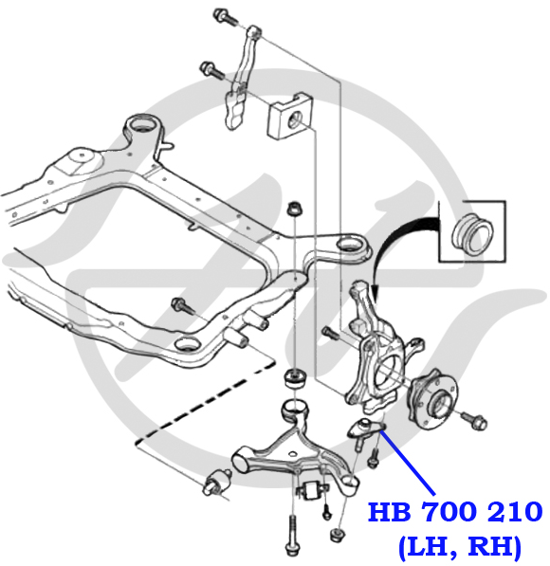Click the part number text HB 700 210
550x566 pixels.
point(455,512)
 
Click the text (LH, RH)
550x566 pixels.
point(461,546)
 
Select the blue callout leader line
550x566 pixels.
point(408,463)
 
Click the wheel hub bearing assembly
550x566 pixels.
point(432,398)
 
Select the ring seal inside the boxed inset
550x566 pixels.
point(472,234)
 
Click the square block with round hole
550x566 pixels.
point(291,117)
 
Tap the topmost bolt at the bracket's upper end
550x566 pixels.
point(225,17)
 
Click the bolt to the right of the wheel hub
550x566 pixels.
point(474,421)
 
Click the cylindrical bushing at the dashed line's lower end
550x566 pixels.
point(216,483)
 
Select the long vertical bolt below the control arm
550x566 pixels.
point(292,535)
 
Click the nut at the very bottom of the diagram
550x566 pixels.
point(338,535)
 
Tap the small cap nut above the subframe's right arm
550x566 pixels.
point(295,209)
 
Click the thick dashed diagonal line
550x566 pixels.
point(206,402)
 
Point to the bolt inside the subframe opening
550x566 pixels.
point(183,306)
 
